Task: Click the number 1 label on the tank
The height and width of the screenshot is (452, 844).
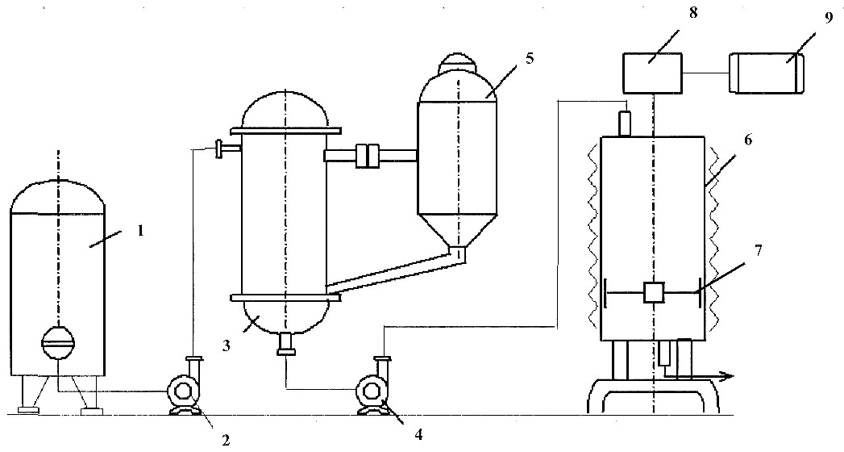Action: (139, 232)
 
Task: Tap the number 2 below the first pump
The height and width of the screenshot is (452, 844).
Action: (226, 441)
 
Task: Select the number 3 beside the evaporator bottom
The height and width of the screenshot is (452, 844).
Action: (226, 346)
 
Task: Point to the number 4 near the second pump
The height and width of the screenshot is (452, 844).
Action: (419, 434)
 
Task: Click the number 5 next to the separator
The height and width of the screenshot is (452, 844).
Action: (530, 58)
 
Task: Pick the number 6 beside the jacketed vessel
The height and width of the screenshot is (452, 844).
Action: (748, 140)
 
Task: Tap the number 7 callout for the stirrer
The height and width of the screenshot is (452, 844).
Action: (759, 251)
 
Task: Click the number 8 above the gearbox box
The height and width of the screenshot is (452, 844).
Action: (693, 13)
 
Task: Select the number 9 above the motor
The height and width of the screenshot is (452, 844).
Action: (827, 17)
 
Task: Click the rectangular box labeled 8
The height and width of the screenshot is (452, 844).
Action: (652, 72)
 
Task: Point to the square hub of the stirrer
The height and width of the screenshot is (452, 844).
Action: (654, 292)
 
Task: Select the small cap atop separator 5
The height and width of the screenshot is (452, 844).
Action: (458, 63)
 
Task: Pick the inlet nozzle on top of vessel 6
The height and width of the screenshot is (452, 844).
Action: (625, 123)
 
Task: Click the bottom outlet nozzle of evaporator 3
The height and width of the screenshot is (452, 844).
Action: (285, 344)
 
